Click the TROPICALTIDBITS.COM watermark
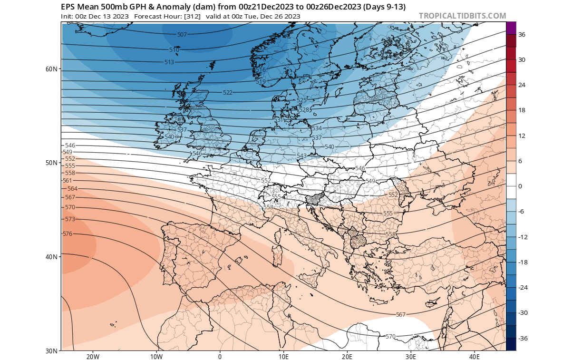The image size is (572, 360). (462, 16)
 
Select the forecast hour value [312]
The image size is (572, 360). (190, 17)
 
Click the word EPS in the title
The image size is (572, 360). (68, 7)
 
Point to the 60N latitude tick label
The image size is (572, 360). (51, 69)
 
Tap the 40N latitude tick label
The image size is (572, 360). (51, 257)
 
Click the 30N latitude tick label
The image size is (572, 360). (51, 350)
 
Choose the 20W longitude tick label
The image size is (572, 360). (93, 356)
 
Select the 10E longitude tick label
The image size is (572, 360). (283, 356)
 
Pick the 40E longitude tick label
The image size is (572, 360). (474, 356)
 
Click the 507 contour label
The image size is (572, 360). (182, 35)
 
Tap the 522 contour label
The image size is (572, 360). (228, 92)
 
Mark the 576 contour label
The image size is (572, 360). (68, 234)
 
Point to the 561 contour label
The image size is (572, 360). (68, 181)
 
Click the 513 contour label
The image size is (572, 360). (169, 62)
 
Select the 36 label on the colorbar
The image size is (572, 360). (522, 35)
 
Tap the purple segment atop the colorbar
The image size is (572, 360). (511, 28)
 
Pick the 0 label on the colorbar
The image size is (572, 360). (520, 186)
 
